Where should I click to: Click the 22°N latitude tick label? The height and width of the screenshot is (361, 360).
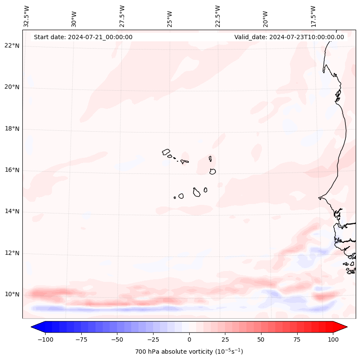click(x=12, y=46)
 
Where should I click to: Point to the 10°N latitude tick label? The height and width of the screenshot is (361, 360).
click(x=12, y=295)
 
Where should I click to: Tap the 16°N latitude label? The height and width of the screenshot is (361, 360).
click(x=12, y=170)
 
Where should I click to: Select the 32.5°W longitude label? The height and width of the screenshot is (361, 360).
click(x=27, y=16)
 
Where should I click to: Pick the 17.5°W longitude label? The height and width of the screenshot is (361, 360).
click(x=313, y=16)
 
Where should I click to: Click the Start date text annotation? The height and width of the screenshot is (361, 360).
click(x=83, y=37)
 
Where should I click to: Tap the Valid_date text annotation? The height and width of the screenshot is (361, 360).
click(x=289, y=37)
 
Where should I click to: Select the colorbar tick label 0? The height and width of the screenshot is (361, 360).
click(x=189, y=339)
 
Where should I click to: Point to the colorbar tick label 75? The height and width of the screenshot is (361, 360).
click(x=297, y=339)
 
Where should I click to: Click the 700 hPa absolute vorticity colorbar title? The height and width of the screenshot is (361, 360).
click(x=189, y=352)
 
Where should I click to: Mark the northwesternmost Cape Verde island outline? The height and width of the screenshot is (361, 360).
click(x=166, y=151)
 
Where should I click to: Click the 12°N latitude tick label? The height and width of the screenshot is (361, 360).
click(x=12, y=253)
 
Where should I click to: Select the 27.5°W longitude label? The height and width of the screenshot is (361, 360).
click(x=122, y=16)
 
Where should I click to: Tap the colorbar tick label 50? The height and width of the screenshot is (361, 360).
click(x=261, y=339)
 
